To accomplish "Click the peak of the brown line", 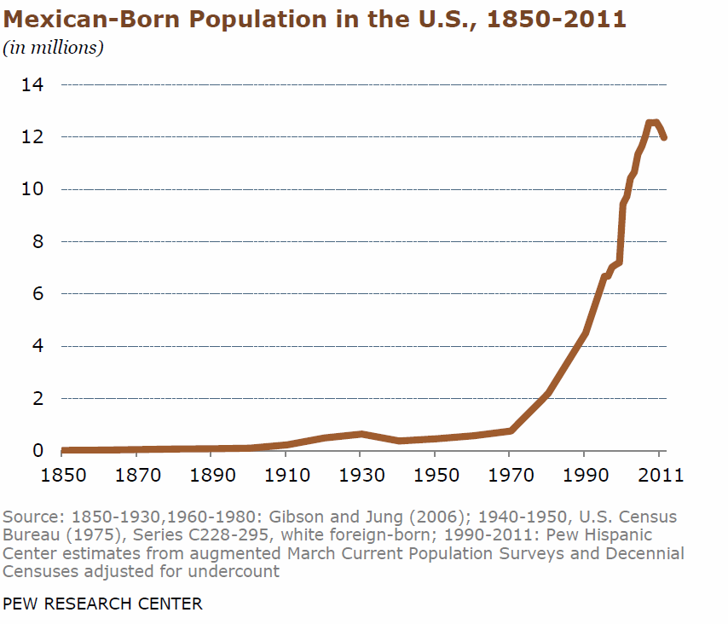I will pyautogui.click(x=652, y=124).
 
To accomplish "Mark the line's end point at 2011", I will pyautogui.click(x=663, y=137).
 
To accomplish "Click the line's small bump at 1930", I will pyautogui.click(x=362, y=434).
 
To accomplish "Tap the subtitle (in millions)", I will pyautogui.click(x=53, y=47).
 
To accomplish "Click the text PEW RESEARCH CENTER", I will pyautogui.click(x=103, y=604).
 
